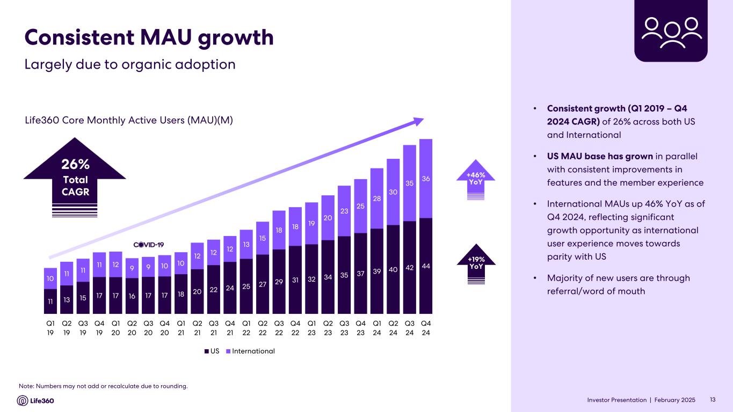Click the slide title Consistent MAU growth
pos(149,37)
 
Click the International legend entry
pos(252,351)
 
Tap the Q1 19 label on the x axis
pos(50,328)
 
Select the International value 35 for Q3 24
pos(410,183)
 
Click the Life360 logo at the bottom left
pos(36,401)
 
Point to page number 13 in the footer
pos(713,400)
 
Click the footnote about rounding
pos(103,386)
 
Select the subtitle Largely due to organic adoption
pos(130,64)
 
